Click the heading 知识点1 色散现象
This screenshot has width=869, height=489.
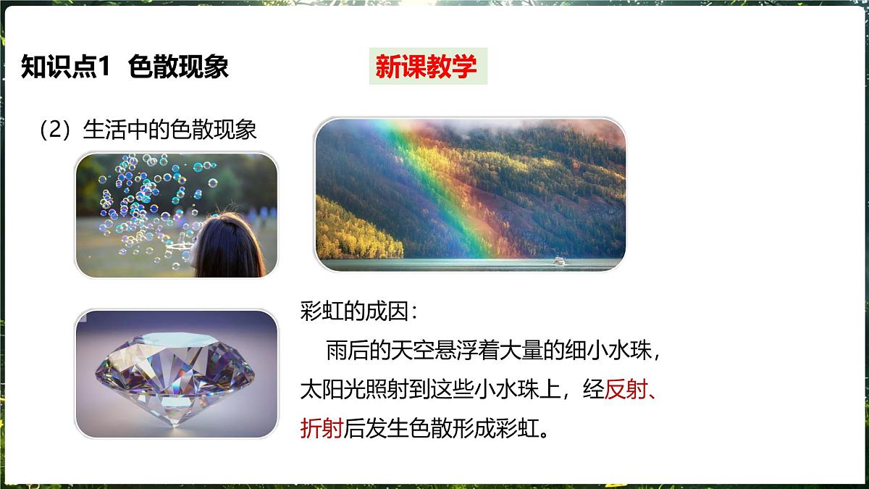(x=125, y=67)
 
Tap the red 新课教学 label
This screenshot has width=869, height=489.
(x=427, y=67)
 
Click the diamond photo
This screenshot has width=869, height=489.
(x=176, y=375)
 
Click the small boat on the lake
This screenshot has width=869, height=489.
(x=559, y=261)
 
